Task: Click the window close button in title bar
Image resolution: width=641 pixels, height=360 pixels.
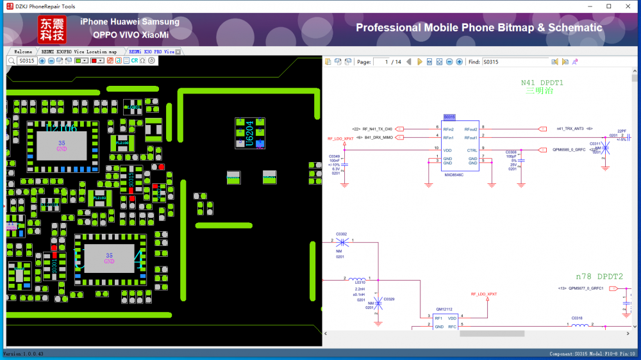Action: point(628,6)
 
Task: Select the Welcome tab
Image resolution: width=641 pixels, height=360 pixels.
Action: point(23,51)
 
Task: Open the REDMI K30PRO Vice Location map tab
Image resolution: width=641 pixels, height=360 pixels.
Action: point(79,51)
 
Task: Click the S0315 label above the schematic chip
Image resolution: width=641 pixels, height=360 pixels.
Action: point(449,117)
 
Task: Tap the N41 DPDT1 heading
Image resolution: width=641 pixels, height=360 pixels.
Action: point(542,83)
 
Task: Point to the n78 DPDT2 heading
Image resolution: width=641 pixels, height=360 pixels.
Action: point(599,276)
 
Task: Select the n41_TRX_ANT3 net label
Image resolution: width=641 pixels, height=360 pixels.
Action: point(570,129)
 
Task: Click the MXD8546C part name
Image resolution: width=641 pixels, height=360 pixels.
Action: point(454,174)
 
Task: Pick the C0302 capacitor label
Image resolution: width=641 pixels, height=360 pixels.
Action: point(342,234)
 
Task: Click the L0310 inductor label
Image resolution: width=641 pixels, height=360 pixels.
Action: point(360,282)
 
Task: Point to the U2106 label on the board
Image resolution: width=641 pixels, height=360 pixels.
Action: point(62,129)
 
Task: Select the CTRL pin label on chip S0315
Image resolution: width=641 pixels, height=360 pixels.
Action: point(472,151)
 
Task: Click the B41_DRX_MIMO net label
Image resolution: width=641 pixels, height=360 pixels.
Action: point(378,137)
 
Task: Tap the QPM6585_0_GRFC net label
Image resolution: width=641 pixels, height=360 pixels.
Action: point(569,151)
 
